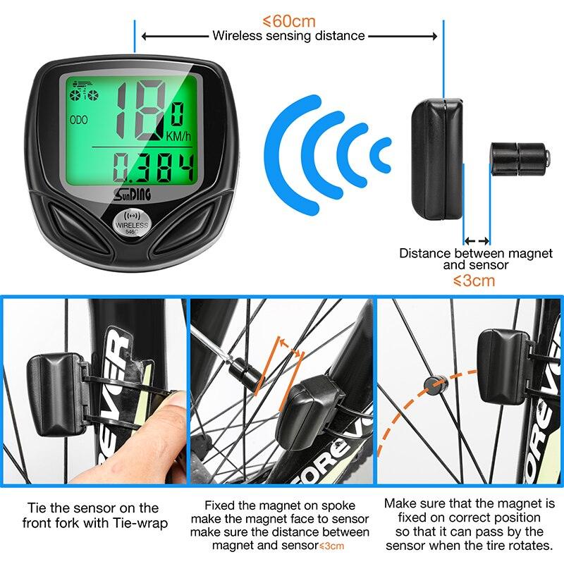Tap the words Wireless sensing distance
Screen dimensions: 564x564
288,35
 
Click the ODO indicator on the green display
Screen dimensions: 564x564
79,121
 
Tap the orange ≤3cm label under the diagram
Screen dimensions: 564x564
474,281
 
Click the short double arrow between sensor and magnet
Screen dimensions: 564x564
477,241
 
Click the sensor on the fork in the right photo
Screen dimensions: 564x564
501,357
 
